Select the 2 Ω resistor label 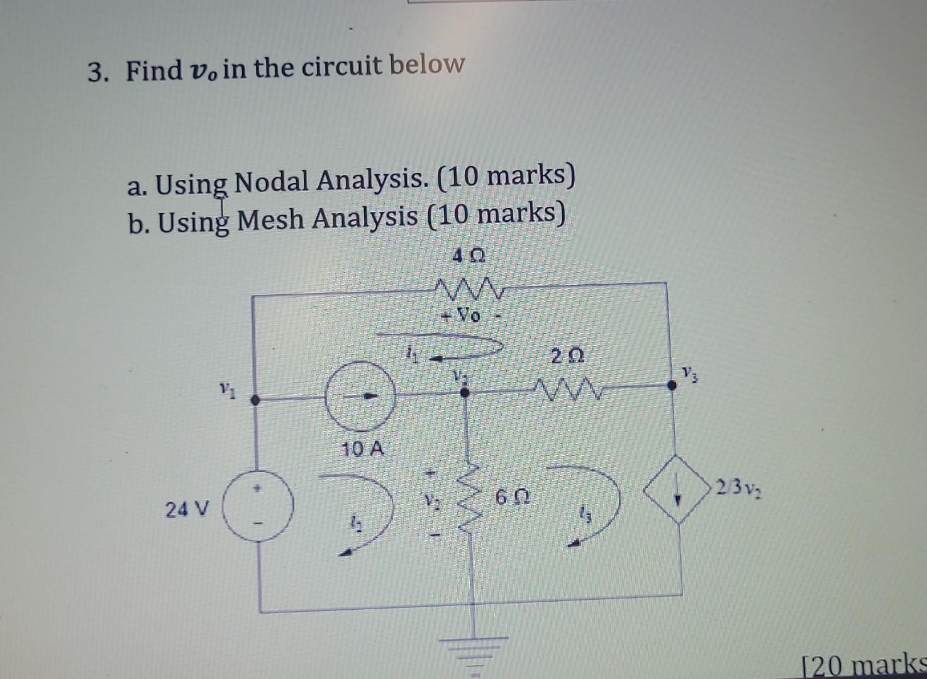pos(567,357)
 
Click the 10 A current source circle pos(360,396)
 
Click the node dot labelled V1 pos(255,399)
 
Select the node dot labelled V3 pos(672,385)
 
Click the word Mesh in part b pos(271,219)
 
